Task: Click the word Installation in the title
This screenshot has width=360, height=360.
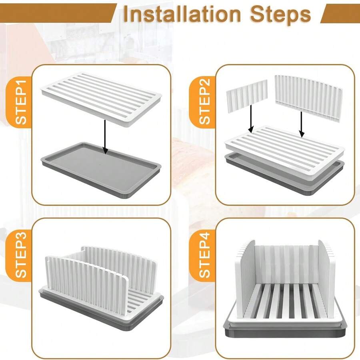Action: click(182, 14)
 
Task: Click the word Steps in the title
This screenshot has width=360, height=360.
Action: click(280, 14)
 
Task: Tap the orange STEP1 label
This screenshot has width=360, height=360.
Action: click(20, 102)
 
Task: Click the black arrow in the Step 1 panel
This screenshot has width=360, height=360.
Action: click(105, 136)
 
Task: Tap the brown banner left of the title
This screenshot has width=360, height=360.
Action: click(56, 13)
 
